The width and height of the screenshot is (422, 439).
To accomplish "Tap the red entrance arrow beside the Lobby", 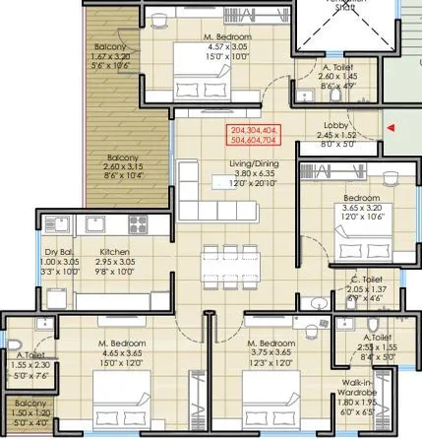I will click(392, 127).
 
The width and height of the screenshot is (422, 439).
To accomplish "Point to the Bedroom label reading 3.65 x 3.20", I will click(355, 212).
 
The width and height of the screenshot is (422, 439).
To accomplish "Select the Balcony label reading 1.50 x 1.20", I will click(30, 414).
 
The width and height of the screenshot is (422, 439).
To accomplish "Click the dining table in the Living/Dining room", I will click(221, 268).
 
